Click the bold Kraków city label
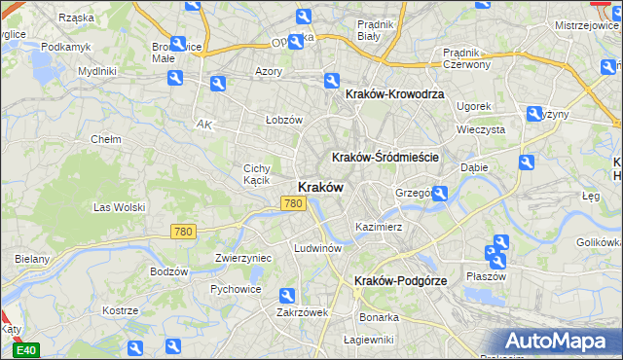(318, 187)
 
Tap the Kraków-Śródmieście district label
(386, 157)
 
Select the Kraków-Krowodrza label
(394, 93)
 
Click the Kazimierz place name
(379, 226)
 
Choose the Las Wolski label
(119, 207)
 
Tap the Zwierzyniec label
(242, 258)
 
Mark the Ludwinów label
(316, 248)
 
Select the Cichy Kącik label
(256, 174)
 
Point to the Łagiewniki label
(369, 340)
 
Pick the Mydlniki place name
(97, 71)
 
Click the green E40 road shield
(27, 350)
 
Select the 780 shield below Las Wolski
(182, 232)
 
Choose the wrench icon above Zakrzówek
(286, 296)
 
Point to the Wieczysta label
(481, 128)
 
